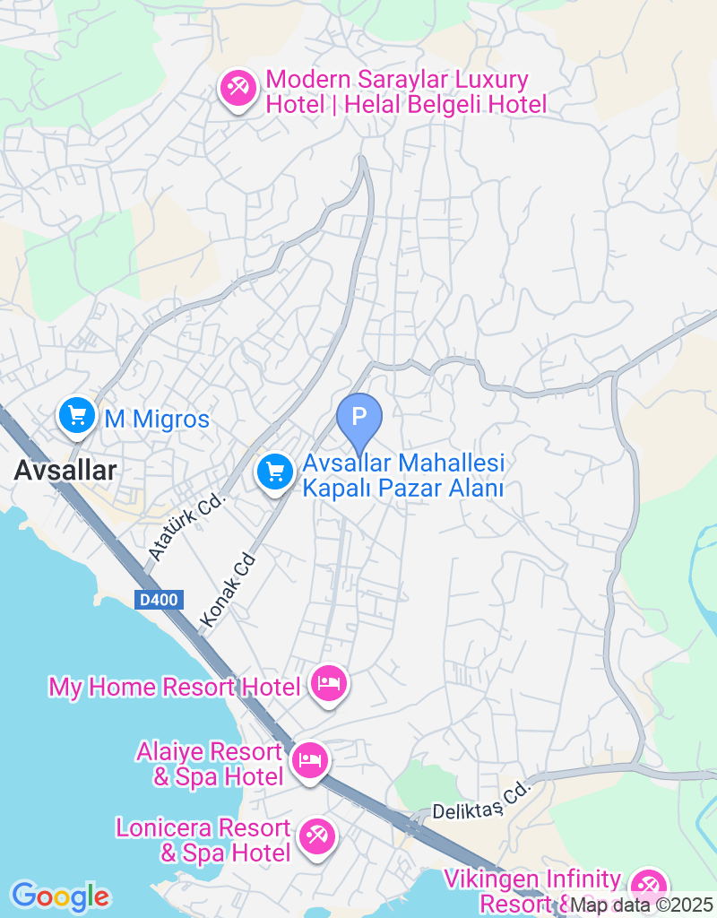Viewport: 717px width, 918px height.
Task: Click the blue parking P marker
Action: (359, 418)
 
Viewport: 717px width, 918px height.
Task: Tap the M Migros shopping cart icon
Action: (78, 415)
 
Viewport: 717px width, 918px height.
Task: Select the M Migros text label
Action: (157, 419)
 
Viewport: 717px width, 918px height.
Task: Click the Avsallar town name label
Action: (65, 470)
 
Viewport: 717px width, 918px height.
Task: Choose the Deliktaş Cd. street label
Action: (481, 801)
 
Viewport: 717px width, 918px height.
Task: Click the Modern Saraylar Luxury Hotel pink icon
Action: (238, 91)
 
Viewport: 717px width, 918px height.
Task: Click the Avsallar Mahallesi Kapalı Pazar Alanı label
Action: (403, 476)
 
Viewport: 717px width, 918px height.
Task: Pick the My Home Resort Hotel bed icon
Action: (329, 685)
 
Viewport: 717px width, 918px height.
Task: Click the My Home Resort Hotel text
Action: (174, 688)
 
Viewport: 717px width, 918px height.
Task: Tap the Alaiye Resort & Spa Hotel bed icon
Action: (310, 761)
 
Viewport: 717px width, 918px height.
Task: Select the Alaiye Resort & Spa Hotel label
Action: (208, 764)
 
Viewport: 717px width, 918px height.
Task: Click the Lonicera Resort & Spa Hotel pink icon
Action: (316, 837)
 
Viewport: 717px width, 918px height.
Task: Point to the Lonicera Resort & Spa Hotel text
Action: (203, 840)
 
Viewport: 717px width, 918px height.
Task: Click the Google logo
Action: (60, 896)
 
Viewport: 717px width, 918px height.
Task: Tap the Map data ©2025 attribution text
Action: (641, 905)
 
